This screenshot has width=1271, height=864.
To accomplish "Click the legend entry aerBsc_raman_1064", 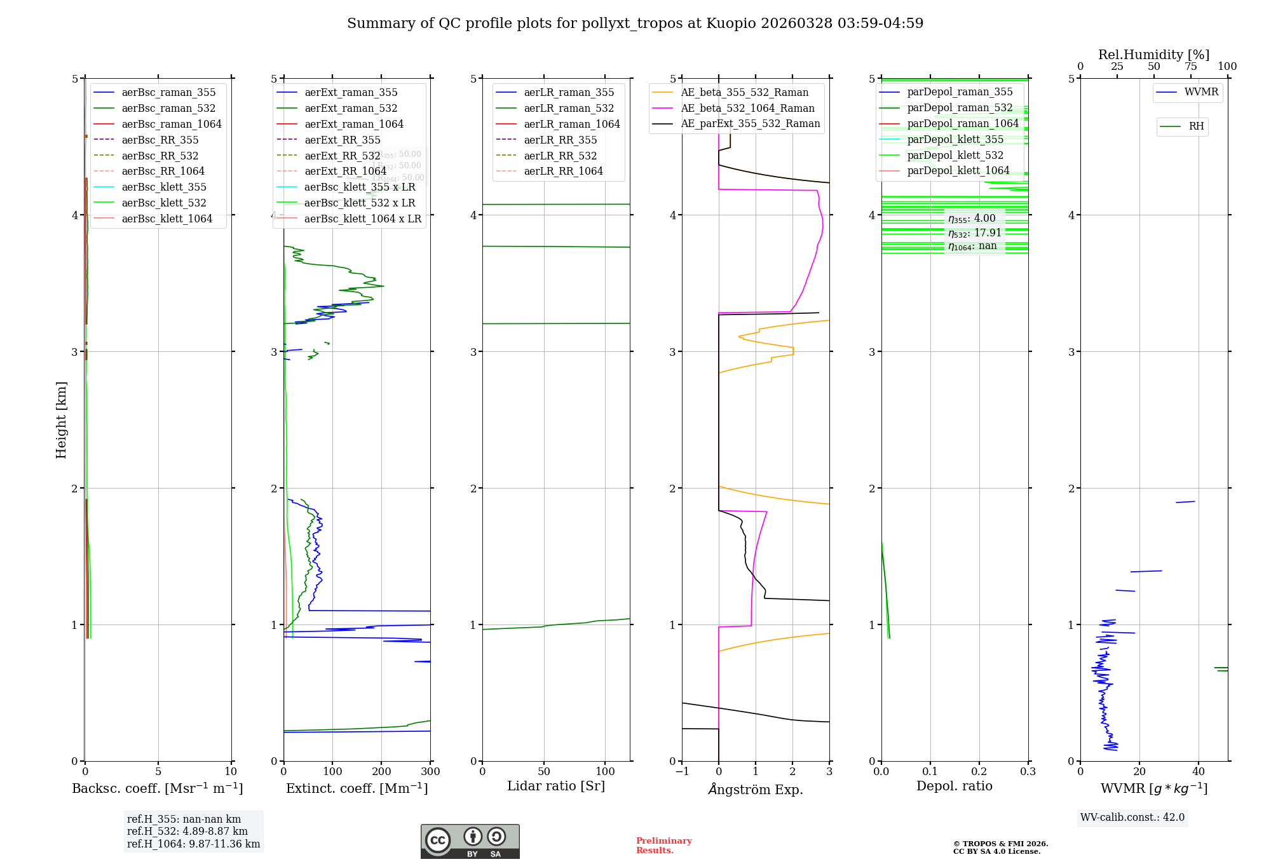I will coord(171,124).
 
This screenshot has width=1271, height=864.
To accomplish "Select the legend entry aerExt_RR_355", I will coord(342,140).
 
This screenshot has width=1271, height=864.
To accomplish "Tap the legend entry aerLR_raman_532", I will coord(569,108).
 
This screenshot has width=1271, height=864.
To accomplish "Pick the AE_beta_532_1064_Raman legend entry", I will coord(747,108).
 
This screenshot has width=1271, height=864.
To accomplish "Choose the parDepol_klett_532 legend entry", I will coord(955,155).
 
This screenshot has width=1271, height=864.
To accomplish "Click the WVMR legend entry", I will coord(1201,92).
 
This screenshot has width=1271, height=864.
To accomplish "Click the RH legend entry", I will coord(1196,126).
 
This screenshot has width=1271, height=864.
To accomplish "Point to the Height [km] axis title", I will coord(61,420).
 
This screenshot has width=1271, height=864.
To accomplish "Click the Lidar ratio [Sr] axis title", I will coord(556,786).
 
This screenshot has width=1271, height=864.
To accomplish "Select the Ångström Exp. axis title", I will coord(756,789).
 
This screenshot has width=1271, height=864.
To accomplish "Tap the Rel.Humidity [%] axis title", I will coord(1153,55).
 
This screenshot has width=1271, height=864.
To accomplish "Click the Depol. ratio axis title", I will coord(954,786).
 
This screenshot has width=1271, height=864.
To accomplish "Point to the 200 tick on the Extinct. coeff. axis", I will coord(381,772).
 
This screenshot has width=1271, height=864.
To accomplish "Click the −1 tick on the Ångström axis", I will coord(682,772).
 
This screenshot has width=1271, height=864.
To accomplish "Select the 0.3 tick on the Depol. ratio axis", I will coord(1028,772).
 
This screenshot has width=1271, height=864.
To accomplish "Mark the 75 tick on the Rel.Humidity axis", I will coord(1190,67).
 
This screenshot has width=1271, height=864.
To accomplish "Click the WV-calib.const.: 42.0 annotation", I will coord(1132,817).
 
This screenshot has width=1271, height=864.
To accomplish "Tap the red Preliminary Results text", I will coord(663,845).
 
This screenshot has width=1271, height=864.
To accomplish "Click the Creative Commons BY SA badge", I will coord(470,842).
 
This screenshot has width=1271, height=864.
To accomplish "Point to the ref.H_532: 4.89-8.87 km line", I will coord(187,831).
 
